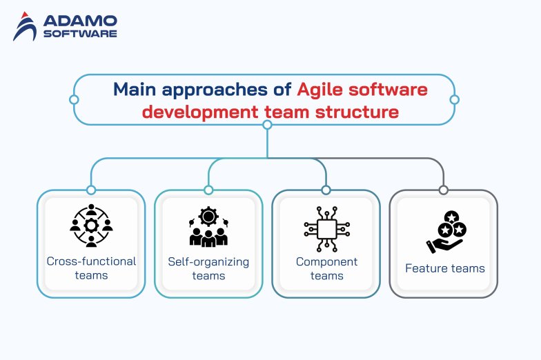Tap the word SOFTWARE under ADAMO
79,33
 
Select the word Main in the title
133,90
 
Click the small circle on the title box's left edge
74,100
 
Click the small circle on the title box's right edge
454,100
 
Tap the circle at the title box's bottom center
268,126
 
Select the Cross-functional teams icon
91,226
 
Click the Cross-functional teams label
91,268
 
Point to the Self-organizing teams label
208,268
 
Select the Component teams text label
326,268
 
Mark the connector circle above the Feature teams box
443,190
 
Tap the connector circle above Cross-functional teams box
90,190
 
